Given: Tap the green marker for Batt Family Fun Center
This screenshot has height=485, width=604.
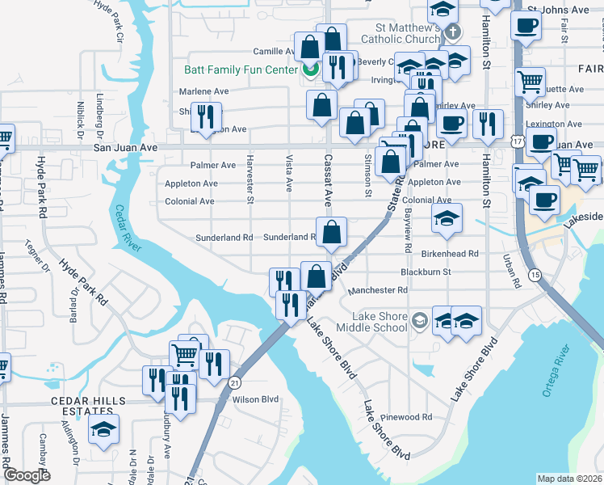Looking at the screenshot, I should tap(309, 70).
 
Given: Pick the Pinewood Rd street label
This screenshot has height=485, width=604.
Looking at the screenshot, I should tap(410, 417).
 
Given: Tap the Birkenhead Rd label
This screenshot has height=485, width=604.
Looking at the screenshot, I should tap(451, 253).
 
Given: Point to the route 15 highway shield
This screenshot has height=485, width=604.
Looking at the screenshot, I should tap(535, 276).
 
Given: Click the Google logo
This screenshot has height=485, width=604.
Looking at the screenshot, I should tap(27, 475).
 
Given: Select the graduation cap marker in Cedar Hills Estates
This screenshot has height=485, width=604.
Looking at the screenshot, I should tap(103, 430).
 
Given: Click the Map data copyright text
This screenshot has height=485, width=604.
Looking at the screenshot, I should tap(569, 478).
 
